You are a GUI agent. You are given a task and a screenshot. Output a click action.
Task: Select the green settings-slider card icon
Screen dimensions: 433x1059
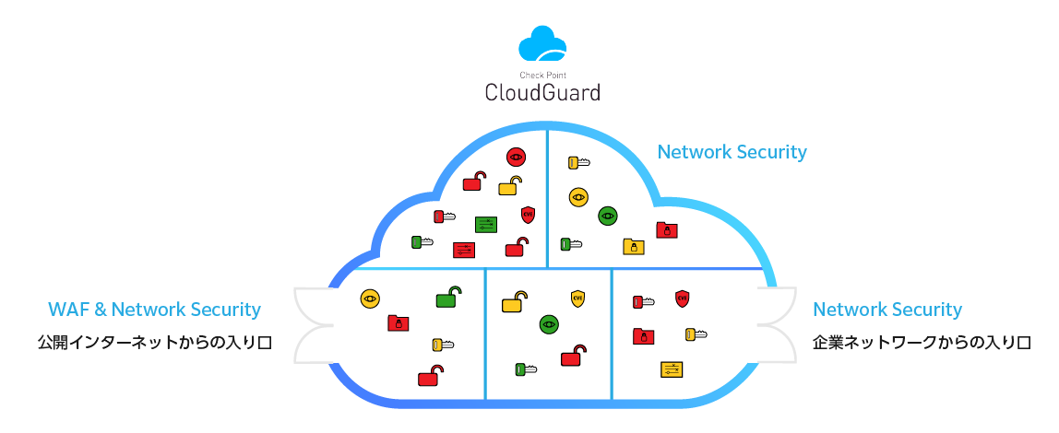[486, 224]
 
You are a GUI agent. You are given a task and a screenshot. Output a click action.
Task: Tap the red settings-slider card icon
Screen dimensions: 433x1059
[464, 250]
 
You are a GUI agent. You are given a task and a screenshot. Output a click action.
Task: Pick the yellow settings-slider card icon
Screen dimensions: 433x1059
[672, 369]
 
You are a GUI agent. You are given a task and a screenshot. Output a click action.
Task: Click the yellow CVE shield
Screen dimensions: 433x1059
[578, 298]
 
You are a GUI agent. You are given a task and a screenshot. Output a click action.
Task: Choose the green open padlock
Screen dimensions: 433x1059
[447, 297]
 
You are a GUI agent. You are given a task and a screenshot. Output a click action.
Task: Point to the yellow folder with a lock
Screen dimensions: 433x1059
[633, 246]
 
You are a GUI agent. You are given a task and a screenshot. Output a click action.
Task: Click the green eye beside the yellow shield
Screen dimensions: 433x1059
[550, 323]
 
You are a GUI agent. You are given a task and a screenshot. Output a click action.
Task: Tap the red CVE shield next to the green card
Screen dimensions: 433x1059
[528, 215]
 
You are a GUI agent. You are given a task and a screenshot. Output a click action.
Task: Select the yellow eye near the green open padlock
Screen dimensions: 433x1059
[370, 298]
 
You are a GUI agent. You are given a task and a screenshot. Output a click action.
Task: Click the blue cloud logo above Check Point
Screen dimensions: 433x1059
[541, 44]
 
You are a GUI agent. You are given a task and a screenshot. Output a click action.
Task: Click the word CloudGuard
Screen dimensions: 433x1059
[542, 92]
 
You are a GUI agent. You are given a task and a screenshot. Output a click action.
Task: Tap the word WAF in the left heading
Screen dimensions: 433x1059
[67, 310]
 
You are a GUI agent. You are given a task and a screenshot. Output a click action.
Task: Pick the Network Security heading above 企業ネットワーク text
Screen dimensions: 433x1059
[886, 310]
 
